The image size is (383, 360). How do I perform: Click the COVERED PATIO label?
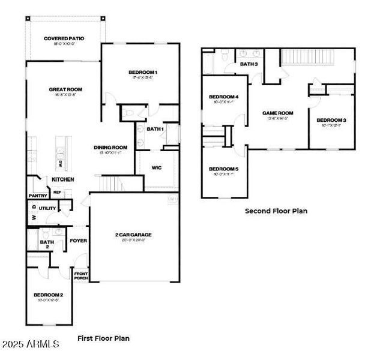point(64,38)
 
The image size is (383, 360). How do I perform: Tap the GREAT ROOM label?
point(65,89)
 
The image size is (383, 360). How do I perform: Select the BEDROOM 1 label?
point(143,72)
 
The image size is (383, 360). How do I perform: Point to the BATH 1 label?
point(155,128)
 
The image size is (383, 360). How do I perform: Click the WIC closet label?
point(157,167)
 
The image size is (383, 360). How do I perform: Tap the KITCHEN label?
point(62,179)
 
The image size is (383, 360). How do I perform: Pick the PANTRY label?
point(37,195)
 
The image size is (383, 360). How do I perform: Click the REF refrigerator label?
point(58,192)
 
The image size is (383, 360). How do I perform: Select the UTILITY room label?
point(48,208)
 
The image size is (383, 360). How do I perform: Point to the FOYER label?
point(78,241)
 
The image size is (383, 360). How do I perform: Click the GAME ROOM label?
point(277,113)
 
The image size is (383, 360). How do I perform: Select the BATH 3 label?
point(249,64)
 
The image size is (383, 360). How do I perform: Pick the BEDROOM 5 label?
point(223,169)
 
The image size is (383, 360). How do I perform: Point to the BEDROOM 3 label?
point(331,120)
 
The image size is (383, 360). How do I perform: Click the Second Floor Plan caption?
point(276,211)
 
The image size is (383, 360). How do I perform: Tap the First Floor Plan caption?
point(103,338)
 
